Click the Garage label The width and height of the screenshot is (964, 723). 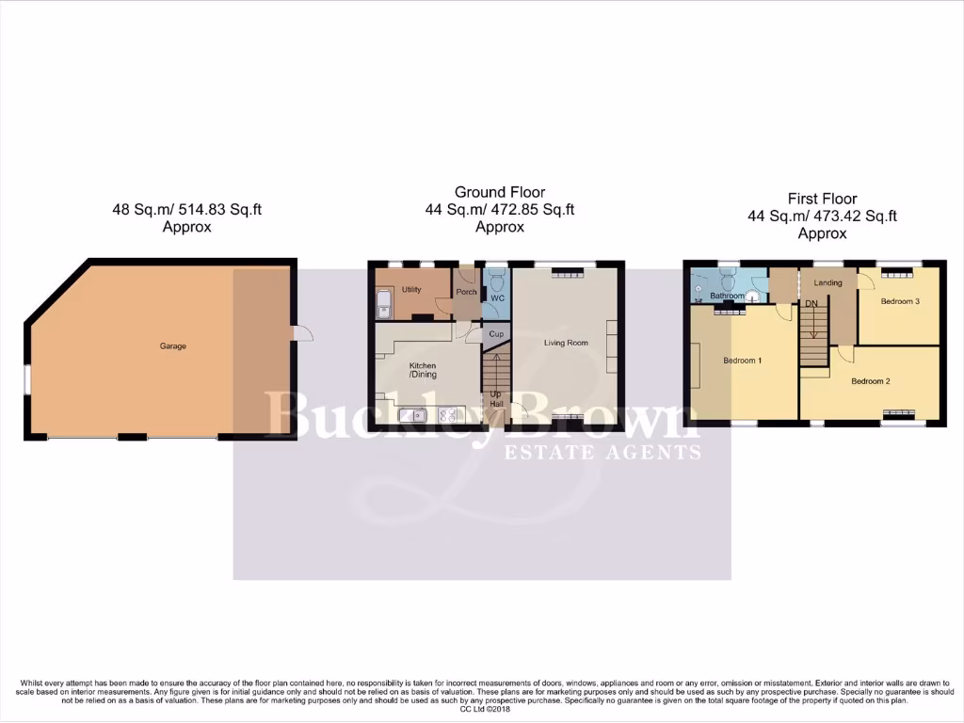click(x=172, y=346)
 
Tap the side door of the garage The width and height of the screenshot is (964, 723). click(x=302, y=333)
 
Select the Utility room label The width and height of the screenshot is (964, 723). click(x=410, y=290)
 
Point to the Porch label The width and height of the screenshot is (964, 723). click(x=466, y=292)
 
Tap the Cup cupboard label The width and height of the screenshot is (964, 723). click(x=495, y=334)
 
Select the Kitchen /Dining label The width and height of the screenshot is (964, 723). click(x=422, y=369)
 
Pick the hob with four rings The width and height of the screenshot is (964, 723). click(x=445, y=414)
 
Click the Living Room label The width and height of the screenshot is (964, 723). click(x=566, y=343)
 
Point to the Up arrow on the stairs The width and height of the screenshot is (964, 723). click(x=494, y=395)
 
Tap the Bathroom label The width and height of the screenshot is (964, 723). click(x=728, y=296)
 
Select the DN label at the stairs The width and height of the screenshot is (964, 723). click(x=811, y=304)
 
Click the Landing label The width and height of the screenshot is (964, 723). click(x=828, y=282)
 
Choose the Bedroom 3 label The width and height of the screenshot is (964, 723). click(x=899, y=301)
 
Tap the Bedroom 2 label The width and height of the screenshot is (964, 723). click(x=871, y=381)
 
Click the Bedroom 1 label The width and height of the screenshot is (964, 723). click(x=743, y=361)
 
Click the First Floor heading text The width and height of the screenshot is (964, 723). click(x=822, y=199)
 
